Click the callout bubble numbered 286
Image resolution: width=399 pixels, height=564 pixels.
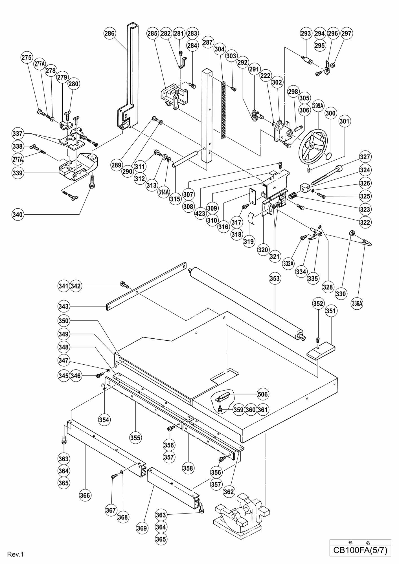coord(109,34)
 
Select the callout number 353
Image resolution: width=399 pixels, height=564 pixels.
coord(275,279)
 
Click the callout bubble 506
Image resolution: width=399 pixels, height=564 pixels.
coord(262,394)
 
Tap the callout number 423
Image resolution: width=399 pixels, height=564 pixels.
coord(200,213)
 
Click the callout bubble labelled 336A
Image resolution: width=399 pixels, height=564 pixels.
coord(357,303)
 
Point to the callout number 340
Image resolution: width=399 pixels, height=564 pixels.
coord(17,215)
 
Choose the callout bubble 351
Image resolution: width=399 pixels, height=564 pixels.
coord(331,311)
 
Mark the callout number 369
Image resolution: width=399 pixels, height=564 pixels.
coord(142,528)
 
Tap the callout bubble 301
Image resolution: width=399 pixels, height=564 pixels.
coord(345,121)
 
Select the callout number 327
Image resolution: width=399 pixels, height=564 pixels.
coord(365,157)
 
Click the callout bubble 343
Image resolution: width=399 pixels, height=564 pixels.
coord(63,306)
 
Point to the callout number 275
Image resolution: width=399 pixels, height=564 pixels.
coord(27,57)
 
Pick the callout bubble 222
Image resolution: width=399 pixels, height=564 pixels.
coord(265,76)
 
